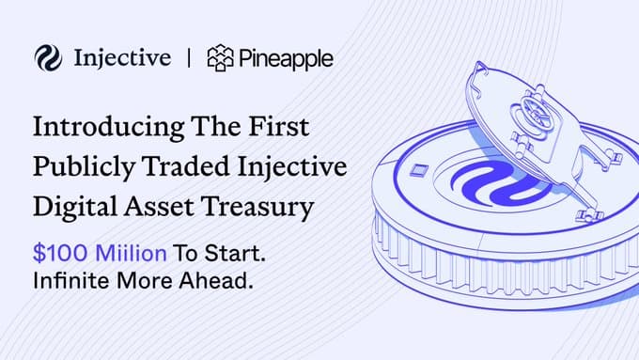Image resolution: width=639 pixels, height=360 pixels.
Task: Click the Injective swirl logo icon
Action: (x=45, y=58)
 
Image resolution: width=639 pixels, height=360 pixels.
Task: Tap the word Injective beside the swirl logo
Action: (x=121, y=58)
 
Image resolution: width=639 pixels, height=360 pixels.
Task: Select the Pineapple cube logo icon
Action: (x=222, y=58)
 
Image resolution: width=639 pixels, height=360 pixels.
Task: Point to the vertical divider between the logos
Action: (x=191, y=58)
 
